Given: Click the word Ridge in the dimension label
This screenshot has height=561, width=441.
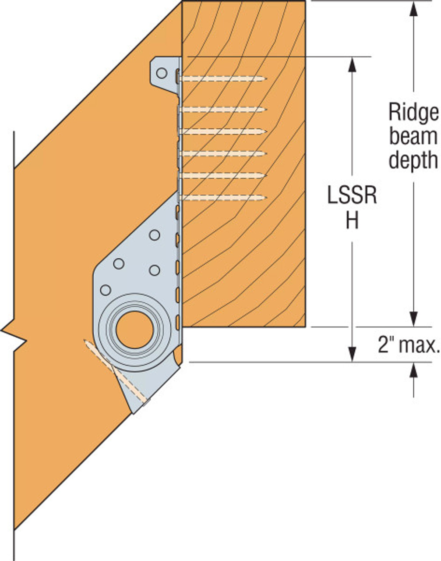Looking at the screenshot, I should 413,113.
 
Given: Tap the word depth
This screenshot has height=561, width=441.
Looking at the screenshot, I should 413,160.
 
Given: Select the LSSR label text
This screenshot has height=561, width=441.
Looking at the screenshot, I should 352,195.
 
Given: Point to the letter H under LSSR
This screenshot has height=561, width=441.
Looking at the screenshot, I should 352,221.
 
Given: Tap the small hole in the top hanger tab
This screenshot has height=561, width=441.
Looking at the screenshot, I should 162,73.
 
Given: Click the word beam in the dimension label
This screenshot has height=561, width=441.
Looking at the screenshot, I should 413,137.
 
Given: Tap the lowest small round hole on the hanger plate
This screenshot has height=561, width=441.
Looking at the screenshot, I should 106,290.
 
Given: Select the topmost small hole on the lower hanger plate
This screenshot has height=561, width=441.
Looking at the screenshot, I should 154,235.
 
